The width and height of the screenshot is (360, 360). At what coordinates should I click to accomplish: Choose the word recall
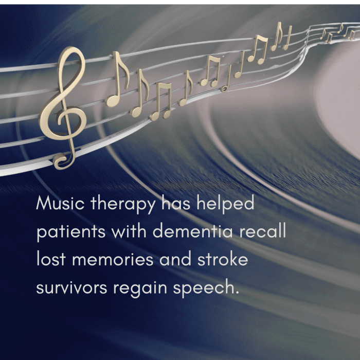(x=264, y=231)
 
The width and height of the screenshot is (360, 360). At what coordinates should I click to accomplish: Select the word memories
(x=112, y=260)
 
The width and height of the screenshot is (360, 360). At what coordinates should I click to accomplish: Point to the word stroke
(x=223, y=260)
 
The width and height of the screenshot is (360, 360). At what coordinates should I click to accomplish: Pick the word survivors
(x=72, y=288)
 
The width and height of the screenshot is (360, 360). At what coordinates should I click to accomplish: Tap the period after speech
(x=238, y=294)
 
